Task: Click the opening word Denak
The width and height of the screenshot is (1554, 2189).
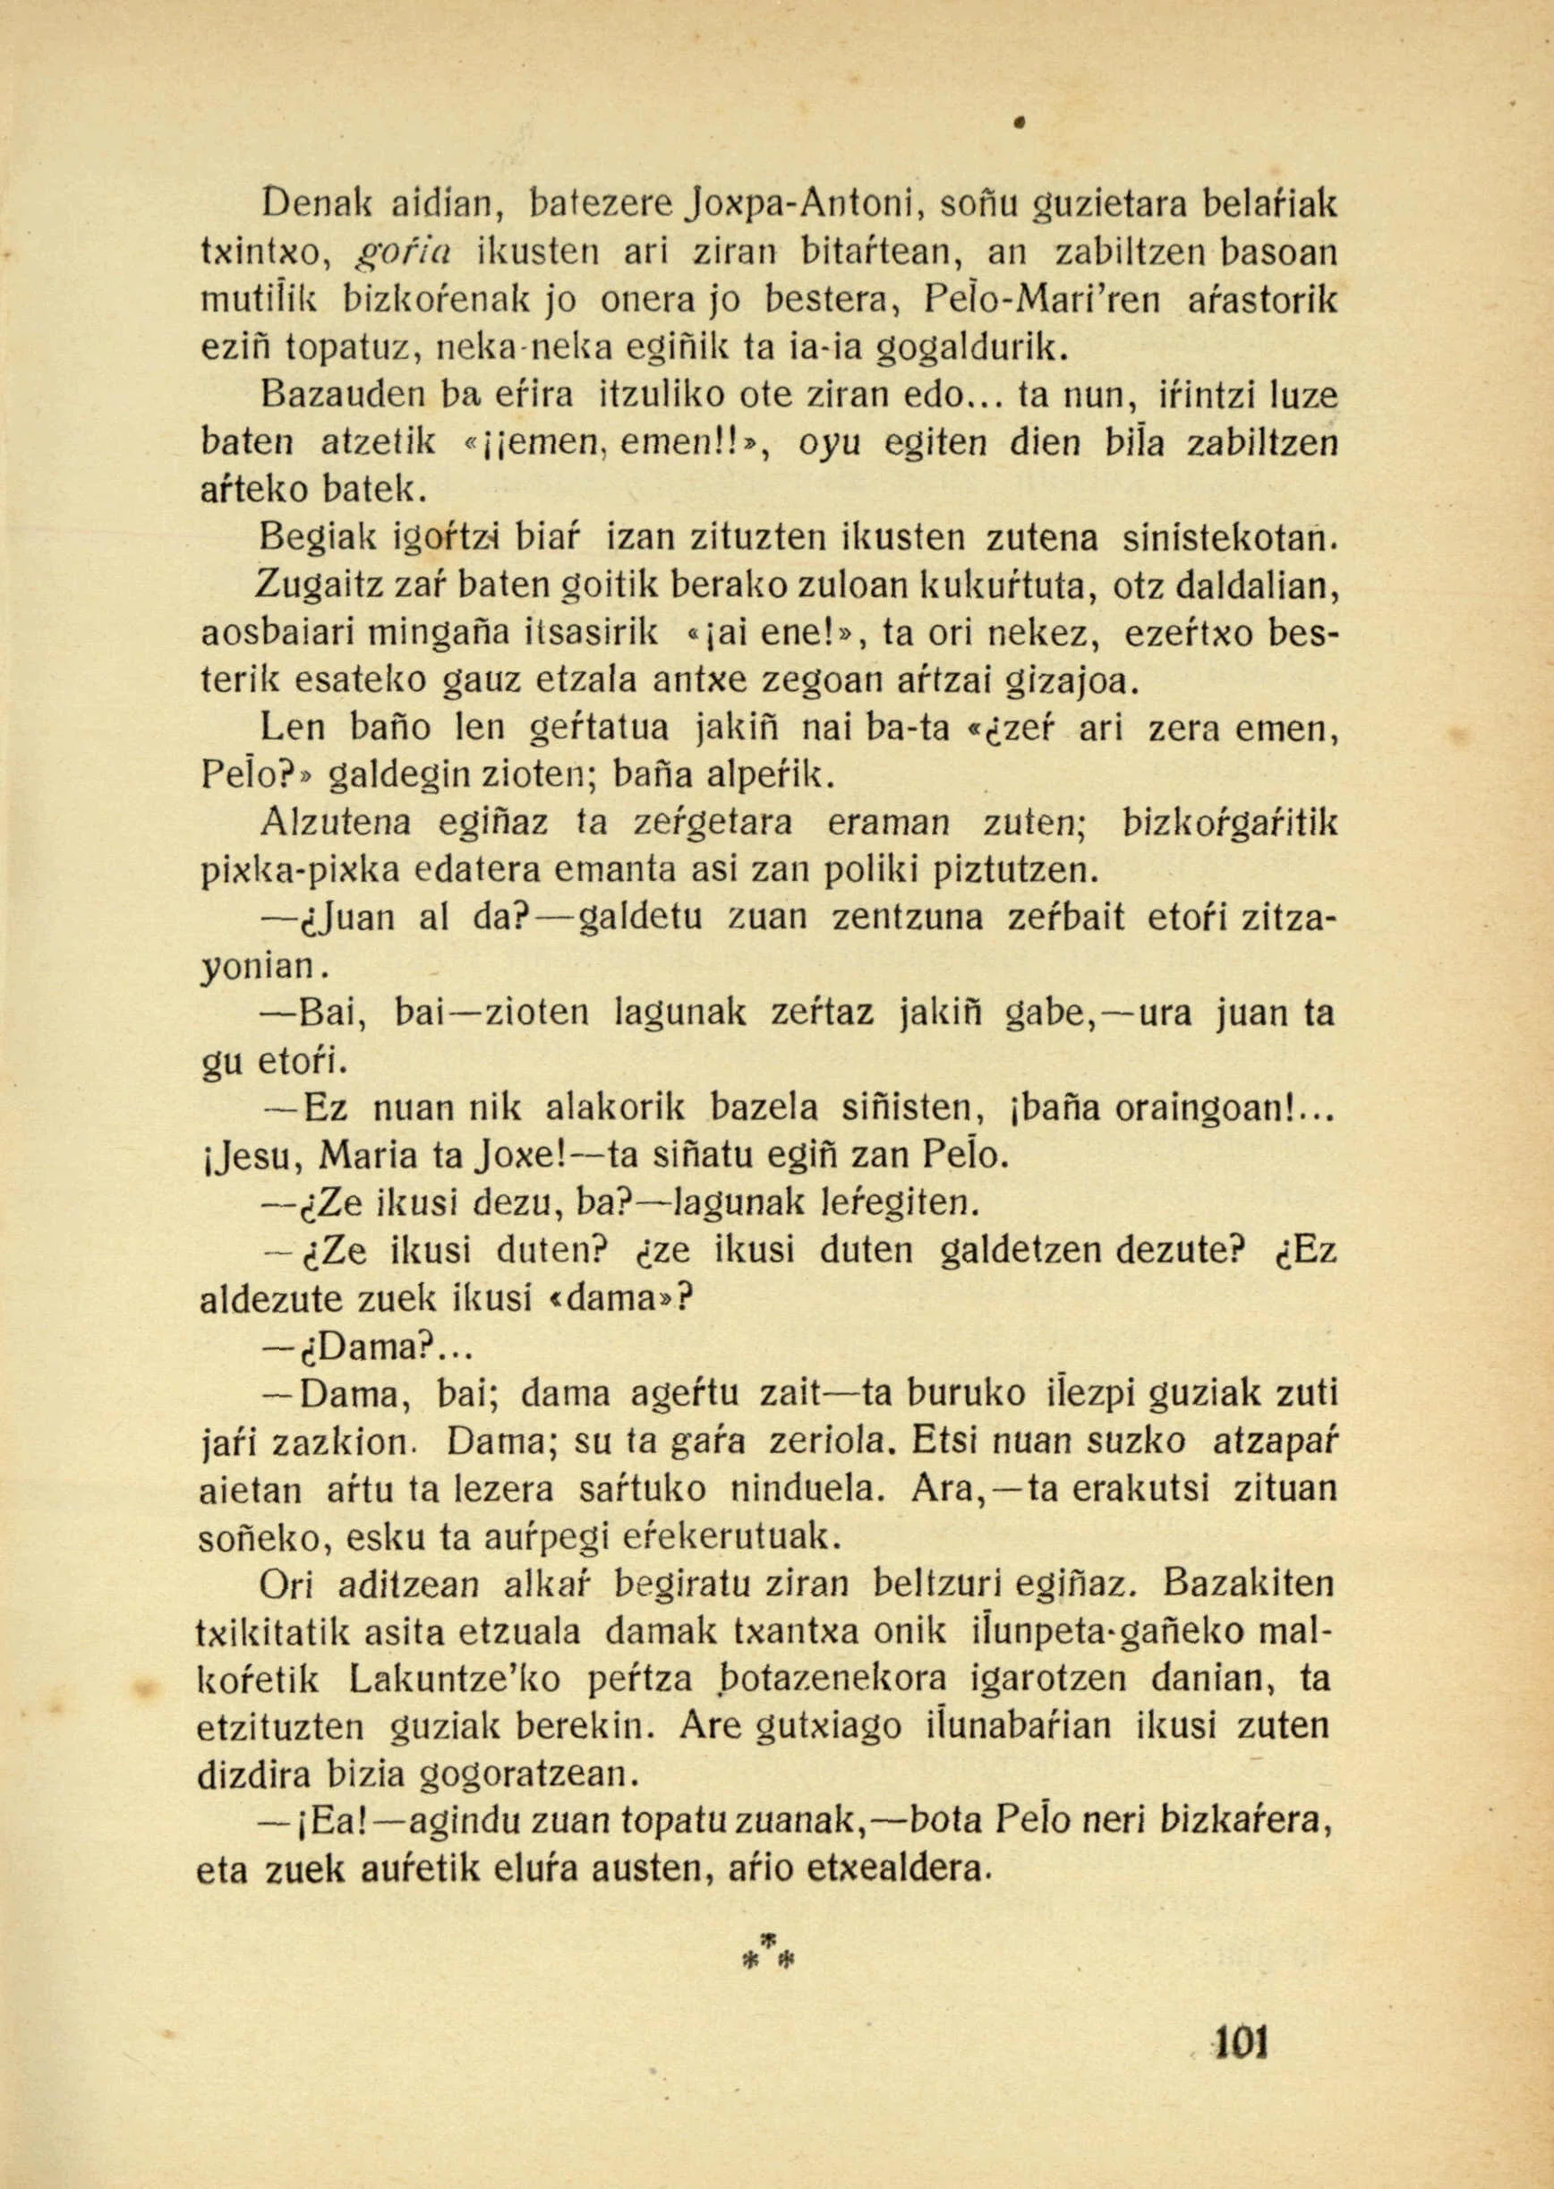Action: [312, 203]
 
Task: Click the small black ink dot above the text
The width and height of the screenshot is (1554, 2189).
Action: [1020, 123]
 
